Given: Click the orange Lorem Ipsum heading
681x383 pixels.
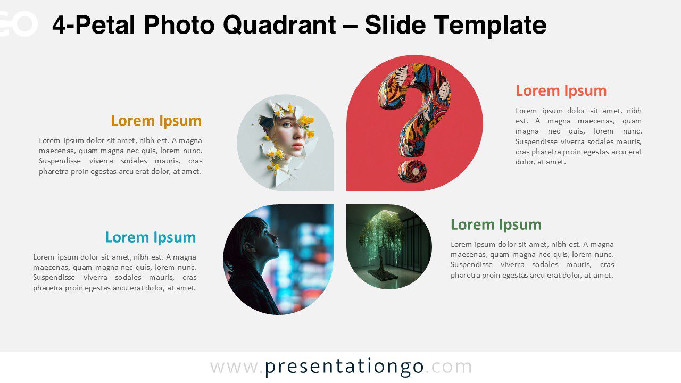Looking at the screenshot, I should click(156, 121).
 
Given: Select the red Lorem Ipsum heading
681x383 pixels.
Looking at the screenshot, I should click(561, 91).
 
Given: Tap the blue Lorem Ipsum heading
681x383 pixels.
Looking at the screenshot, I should click(150, 237).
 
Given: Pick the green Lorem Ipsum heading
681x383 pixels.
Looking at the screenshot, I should click(496, 225).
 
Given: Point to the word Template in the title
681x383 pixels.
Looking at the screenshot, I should click(490, 25).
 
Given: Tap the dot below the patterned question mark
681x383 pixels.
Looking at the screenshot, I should click(412, 171).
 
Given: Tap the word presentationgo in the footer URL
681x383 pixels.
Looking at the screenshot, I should click(344, 367).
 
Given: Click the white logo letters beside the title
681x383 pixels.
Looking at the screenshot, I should click(18, 23).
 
